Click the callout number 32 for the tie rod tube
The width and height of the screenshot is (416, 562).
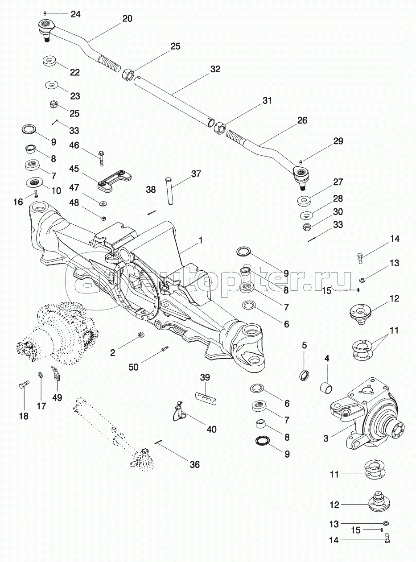click(x=215, y=70)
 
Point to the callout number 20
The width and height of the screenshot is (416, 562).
click(x=128, y=19)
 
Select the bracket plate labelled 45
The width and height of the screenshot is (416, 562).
click(x=115, y=181)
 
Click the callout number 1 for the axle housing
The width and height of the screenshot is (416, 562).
click(x=201, y=240)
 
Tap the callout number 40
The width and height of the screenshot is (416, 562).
click(x=211, y=429)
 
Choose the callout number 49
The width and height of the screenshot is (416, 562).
click(x=58, y=397)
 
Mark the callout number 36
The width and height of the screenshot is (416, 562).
click(x=194, y=464)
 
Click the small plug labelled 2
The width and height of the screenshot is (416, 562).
click(x=141, y=335)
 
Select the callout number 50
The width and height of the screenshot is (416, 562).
click(x=134, y=367)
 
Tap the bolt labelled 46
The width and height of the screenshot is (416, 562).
click(x=101, y=156)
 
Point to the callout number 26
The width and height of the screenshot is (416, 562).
click(x=302, y=121)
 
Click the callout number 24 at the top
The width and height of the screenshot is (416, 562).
click(x=75, y=14)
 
